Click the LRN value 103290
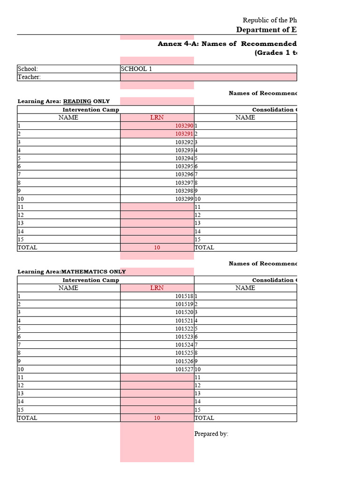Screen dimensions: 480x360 point(184,126)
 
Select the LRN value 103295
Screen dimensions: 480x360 point(184,166)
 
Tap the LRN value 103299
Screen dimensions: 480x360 point(184,199)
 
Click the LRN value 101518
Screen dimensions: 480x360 point(184,296)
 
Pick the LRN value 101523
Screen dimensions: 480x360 point(184,337)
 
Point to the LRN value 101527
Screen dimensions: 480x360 point(184,369)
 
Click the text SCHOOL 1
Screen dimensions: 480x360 point(136,69)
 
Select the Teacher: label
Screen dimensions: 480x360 point(29,77)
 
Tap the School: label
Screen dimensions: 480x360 point(28,69)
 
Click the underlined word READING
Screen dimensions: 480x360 point(77,101)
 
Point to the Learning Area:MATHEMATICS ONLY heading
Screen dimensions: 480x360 point(72,272)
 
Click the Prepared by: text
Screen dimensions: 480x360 point(211,434)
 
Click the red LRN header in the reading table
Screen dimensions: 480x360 point(157,118)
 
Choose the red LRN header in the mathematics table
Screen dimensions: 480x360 point(157,288)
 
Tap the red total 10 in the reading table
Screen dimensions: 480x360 point(157,247)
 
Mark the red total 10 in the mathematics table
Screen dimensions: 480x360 point(157,418)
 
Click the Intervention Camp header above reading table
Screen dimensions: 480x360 point(91,110)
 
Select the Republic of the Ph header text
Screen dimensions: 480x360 point(270,20)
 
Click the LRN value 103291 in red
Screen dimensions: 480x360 point(184,134)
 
